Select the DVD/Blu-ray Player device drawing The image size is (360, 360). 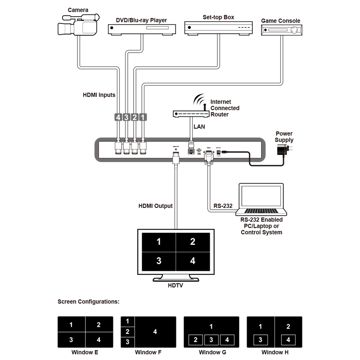click(x=141, y=30)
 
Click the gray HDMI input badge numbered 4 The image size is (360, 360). click(x=118, y=117)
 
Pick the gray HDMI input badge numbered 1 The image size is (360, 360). click(x=143, y=117)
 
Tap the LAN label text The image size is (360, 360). click(x=199, y=127)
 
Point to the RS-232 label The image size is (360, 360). click(x=223, y=206)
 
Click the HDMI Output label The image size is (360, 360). click(x=155, y=206)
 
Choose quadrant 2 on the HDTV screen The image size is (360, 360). click(x=193, y=242)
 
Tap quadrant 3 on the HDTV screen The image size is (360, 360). click(x=158, y=261)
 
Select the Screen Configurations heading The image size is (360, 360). click(x=89, y=301)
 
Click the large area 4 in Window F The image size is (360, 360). click(x=155, y=332)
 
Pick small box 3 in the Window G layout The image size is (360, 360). click(x=211, y=340)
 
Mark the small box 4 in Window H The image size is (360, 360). click(x=288, y=340)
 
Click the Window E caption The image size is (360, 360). click(x=85, y=352)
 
